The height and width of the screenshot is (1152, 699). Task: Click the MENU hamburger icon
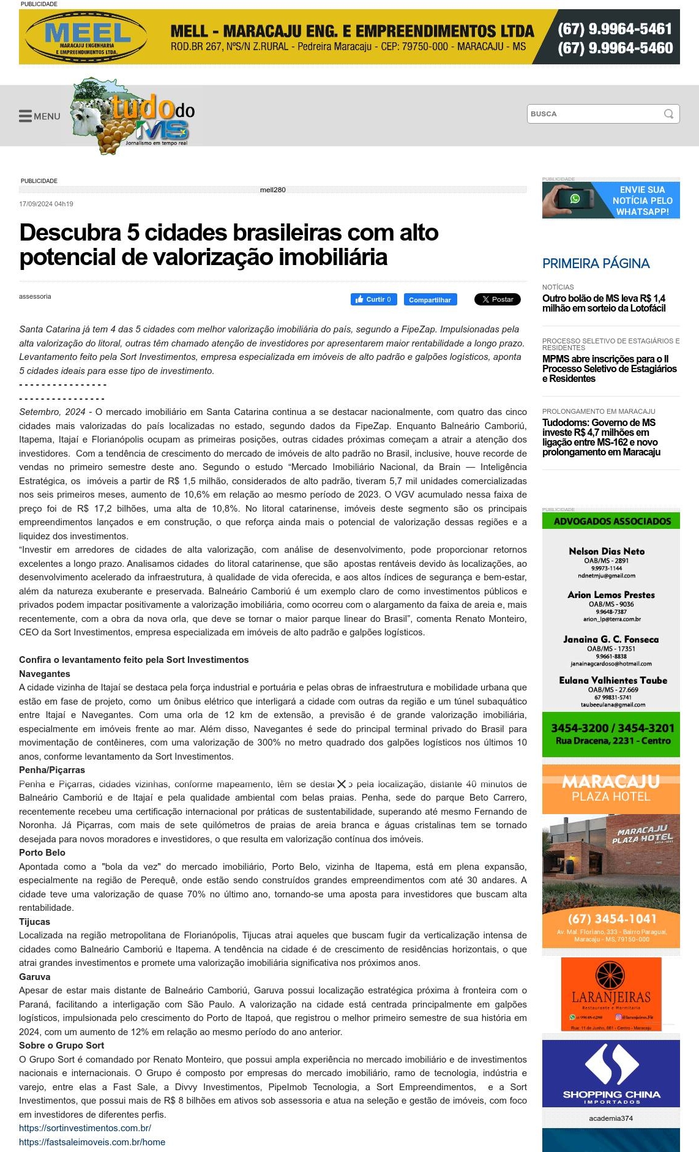pyautogui.click(x=25, y=116)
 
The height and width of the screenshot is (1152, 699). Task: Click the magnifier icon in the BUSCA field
pyautogui.click(x=668, y=114)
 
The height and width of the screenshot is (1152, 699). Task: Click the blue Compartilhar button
pyautogui.click(x=430, y=299)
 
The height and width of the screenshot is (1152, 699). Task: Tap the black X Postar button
pyautogui.click(x=497, y=299)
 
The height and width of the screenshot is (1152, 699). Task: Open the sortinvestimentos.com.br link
pyautogui.click(x=85, y=1128)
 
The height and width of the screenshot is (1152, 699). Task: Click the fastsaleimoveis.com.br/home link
pyautogui.click(x=92, y=1142)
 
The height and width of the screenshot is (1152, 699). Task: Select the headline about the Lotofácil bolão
pyautogui.click(x=604, y=303)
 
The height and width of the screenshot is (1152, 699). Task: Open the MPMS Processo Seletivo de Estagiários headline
pyautogui.click(x=609, y=368)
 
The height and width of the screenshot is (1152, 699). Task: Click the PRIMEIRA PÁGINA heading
pyautogui.click(x=596, y=263)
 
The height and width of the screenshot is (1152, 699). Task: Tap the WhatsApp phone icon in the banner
pyautogui.click(x=575, y=199)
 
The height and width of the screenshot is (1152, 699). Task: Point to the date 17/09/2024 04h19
pyautogui.click(x=46, y=204)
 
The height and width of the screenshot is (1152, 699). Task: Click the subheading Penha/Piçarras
pyautogui.click(x=52, y=770)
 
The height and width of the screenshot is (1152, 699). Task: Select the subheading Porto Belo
pyautogui.click(x=42, y=853)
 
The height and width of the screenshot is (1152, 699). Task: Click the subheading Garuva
pyautogui.click(x=35, y=977)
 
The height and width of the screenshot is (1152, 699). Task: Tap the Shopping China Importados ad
pyautogui.click(x=611, y=1074)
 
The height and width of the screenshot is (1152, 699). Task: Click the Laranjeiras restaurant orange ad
pyautogui.click(x=611, y=994)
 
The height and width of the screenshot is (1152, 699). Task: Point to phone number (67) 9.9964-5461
pyautogui.click(x=615, y=29)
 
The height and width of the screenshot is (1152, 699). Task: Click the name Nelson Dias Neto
pyautogui.click(x=607, y=551)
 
